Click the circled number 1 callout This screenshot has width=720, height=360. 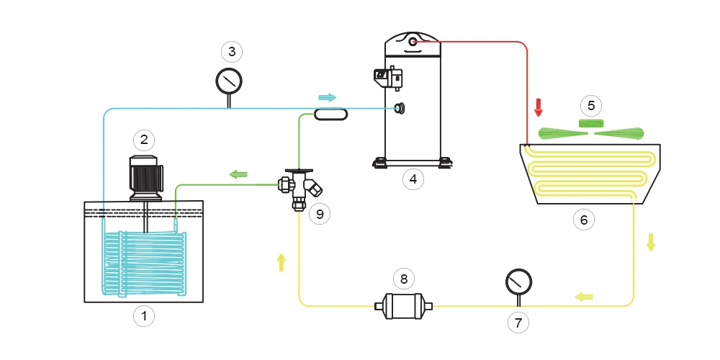pyautogui.click(x=144, y=315)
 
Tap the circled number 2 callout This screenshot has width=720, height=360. pyautogui.click(x=144, y=139)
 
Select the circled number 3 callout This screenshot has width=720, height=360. pyautogui.click(x=230, y=52)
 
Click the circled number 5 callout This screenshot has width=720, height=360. pyautogui.click(x=591, y=106)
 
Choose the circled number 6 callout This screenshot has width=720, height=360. pyautogui.click(x=584, y=220)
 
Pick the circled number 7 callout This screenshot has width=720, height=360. pyautogui.click(x=518, y=323)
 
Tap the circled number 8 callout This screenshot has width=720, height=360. pyautogui.click(x=403, y=277)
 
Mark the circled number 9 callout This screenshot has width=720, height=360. pyautogui.click(x=320, y=214)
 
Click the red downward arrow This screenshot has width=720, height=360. pyautogui.click(x=538, y=108)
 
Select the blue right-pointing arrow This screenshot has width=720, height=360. pyautogui.click(x=327, y=97)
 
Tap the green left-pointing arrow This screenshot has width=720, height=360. pyautogui.click(x=238, y=174)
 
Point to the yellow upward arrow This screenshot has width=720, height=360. pyautogui.click(x=282, y=262)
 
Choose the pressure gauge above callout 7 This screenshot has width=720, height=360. pyautogui.click(x=518, y=282)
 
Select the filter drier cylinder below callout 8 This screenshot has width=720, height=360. pyautogui.click(x=403, y=306)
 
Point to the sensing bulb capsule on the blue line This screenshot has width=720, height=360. pyautogui.click(x=331, y=114)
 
